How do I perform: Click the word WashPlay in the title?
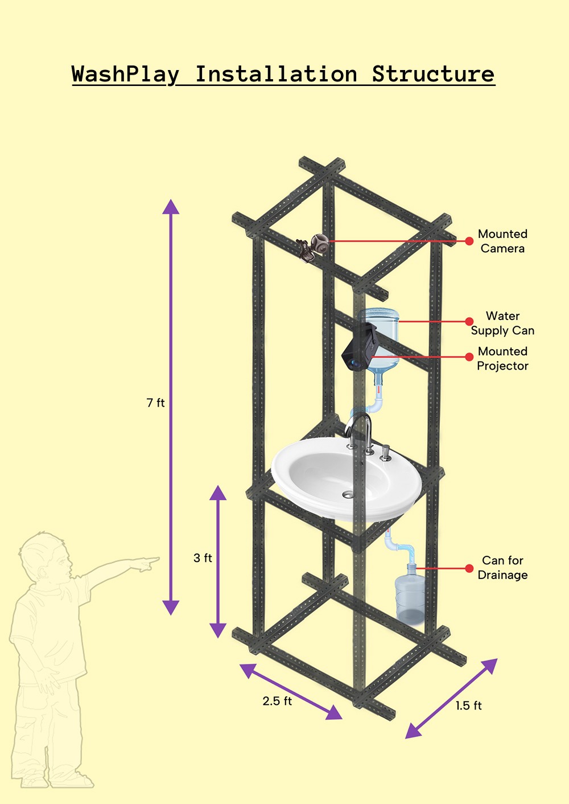point(125,75)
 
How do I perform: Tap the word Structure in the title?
point(433,75)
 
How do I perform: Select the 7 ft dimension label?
point(155,403)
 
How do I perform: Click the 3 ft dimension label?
point(203,558)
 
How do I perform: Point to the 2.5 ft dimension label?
point(277,701)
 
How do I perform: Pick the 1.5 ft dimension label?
point(468,705)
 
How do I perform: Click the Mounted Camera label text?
point(502,241)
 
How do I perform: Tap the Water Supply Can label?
point(502,323)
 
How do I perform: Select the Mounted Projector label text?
point(502,359)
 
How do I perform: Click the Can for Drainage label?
point(502,568)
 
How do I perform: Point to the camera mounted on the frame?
point(313,247)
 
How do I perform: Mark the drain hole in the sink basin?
point(348,494)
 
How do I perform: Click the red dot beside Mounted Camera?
point(469,241)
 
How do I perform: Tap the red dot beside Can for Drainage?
point(469,568)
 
